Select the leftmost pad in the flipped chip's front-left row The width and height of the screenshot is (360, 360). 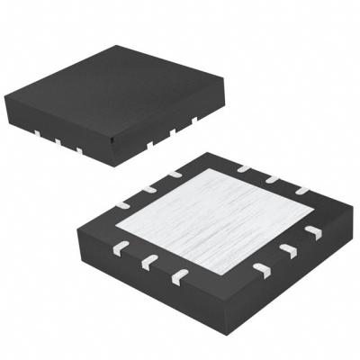pos(120,245)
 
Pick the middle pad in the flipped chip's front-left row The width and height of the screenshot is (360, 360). pos(148,260)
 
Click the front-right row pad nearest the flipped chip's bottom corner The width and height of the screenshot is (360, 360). pos(262,268)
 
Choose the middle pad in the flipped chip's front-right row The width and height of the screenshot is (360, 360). pos(288,249)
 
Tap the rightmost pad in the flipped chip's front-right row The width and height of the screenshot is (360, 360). pos(311,232)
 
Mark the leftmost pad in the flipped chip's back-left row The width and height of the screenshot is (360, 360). pos(122,204)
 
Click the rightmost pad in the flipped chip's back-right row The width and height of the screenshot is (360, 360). pos(301,190)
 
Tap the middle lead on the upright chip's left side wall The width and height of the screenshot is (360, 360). pos(57,140)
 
